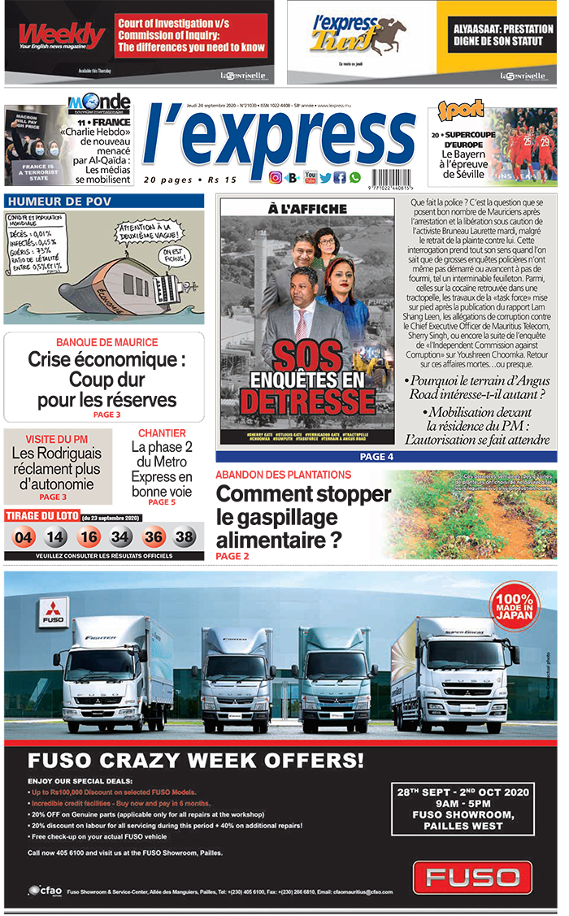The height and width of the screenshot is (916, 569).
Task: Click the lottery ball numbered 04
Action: click(x=24, y=536)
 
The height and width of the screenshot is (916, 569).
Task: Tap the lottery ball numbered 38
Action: click(x=185, y=536)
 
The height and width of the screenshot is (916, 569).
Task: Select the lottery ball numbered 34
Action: click(x=120, y=536)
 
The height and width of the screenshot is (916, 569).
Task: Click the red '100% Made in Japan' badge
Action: click(x=515, y=605)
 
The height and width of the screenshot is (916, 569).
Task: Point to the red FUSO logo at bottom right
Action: click(x=472, y=878)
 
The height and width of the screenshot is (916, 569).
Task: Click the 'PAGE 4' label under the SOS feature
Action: click(x=376, y=457)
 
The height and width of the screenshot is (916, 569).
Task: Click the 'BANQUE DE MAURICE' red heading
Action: click(x=106, y=342)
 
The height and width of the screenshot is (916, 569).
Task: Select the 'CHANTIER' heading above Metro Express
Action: click(x=162, y=433)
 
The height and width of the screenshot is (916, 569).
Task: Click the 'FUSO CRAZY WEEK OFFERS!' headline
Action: click(x=196, y=761)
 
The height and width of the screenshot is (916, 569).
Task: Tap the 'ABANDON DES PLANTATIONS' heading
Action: click(x=283, y=475)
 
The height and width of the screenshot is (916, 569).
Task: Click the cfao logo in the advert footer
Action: click(x=46, y=891)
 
